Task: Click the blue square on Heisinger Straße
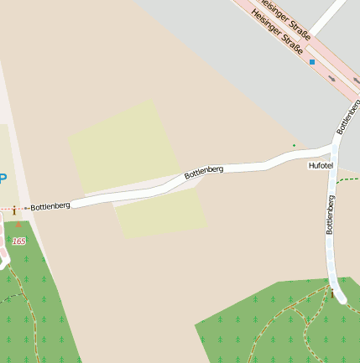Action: (x=312, y=61)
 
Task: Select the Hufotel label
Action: (x=321, y=166)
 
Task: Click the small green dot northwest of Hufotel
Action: (x=294, y=146)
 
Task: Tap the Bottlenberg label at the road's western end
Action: (x=50, y=206)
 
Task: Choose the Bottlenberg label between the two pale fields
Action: (x=204, y=173)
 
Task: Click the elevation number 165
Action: (x=18, y=241)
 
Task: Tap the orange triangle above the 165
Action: (x=18, y=225)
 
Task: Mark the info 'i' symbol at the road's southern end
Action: (x=333, y=294)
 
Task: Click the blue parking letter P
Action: (x=3, y=178)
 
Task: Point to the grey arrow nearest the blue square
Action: (x=332, y=79)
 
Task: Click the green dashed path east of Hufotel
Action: (x=351, y=179)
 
